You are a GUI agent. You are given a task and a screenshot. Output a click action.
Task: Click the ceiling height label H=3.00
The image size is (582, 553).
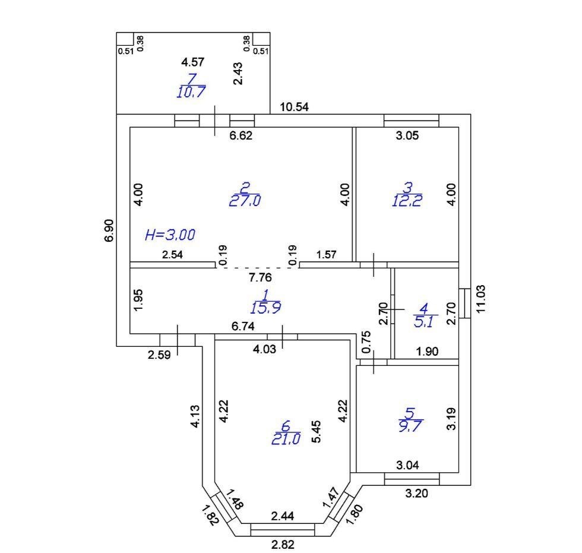[170, 235]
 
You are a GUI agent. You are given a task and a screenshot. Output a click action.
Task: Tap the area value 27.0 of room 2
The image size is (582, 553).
[245, 201]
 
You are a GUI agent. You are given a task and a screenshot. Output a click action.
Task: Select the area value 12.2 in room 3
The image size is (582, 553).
[407, 201]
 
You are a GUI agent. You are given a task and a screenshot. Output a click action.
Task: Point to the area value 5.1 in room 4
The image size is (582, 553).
[423, 321]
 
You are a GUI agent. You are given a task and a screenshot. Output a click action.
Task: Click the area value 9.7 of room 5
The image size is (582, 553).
[410, 426]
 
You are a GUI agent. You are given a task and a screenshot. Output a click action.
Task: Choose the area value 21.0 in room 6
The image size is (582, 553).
[286, 439]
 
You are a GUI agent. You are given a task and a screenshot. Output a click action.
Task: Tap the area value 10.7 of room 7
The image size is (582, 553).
[191, 91]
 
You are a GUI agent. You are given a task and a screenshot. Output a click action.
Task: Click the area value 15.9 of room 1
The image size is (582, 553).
[266, 308]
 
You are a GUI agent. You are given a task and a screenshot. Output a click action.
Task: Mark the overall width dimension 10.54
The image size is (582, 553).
[295, 107]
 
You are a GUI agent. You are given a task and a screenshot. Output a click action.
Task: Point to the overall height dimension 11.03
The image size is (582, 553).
[480, 299]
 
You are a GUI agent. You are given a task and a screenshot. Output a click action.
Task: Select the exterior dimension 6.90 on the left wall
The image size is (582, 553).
[109, 230]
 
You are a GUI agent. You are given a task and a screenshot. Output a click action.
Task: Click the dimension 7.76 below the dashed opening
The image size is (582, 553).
[260, 277]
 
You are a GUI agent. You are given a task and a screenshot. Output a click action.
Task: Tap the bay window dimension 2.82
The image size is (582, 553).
[283, 545]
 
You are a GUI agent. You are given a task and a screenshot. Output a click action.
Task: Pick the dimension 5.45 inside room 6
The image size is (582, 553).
[316, 432]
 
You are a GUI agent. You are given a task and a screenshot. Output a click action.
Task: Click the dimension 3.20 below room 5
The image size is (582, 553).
[416, 493]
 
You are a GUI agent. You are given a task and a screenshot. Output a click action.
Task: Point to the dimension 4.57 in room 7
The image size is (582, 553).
[192, 62]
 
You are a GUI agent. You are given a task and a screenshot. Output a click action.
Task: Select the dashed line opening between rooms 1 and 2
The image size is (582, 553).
[257, 268]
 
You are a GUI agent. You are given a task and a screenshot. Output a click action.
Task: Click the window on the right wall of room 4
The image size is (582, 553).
[464, 303]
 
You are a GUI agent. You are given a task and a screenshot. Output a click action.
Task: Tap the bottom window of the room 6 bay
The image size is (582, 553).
[283, 530]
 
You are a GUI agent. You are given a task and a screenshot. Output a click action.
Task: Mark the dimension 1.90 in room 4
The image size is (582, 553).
[427, 351]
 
